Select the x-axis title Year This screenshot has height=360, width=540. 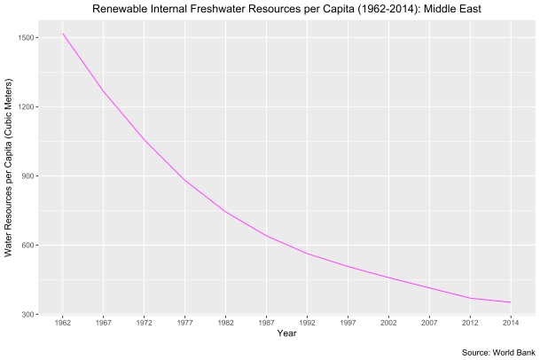point(286,333)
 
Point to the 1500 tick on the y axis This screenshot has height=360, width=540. point(25,38)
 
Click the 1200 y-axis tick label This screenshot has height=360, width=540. point(25,107)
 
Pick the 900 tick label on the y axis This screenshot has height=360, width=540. point(27,176)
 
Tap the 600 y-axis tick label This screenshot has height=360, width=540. point(27,246)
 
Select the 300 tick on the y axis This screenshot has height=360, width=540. point(27,315)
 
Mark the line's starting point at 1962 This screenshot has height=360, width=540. point(63,34)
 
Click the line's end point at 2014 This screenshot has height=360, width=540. point(511,302)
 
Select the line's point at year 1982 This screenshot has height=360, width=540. point(226,211)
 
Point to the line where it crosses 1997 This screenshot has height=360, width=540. point(348,266)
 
